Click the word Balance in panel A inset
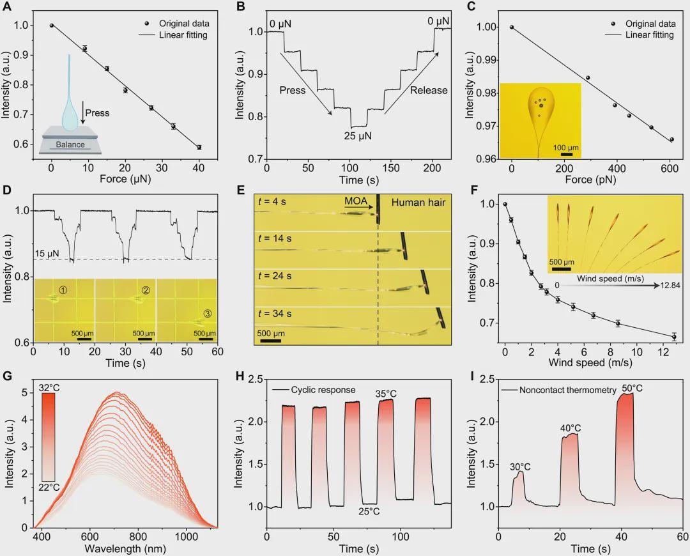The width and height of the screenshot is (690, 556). tap(70, 144)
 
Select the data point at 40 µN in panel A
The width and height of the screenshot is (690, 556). tap(199, 148)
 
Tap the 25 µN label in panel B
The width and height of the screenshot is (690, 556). tap(358, 135)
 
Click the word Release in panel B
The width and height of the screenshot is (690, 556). tap(429, 90)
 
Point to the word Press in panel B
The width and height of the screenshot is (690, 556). tap(293, 90)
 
